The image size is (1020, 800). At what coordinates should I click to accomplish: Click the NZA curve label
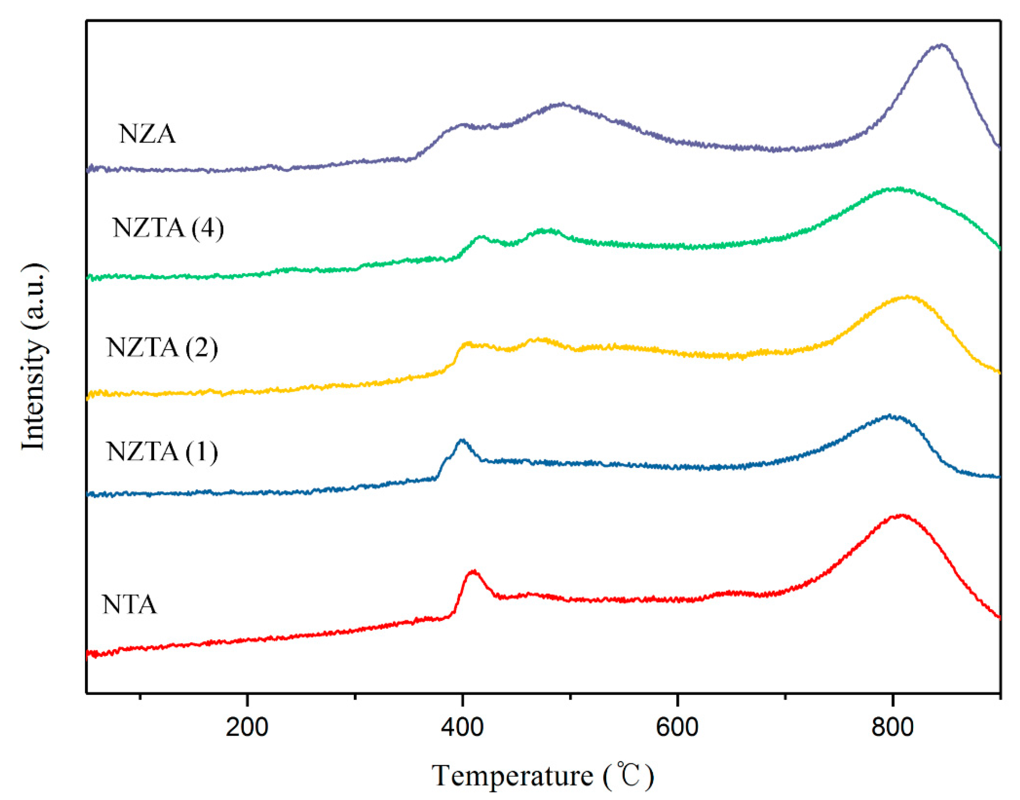pos(147,134)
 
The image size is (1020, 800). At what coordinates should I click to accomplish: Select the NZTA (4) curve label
pos(168,229)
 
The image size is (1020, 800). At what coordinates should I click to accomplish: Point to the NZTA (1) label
pos(162,452)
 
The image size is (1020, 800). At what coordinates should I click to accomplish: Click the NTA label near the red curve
pos(129,605)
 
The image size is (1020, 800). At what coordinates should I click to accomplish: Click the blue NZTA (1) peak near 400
pos(462,440)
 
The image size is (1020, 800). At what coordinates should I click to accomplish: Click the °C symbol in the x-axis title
pos(628,775)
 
